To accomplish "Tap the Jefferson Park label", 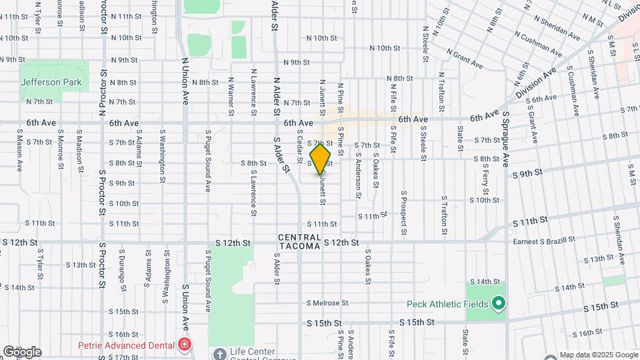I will tap(51, 82).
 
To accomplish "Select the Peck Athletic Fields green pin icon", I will tap(497, 304).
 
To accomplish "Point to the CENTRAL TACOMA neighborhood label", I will tap(299, 243).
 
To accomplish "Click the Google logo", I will tap(22, 352).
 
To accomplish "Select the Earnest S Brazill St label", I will tap(544, 241).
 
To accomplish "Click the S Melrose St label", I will tap(329, 303).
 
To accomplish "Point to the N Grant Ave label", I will tap(465, 59).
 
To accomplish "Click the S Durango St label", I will tap(123, 272).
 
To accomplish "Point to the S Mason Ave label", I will tap(21, 151).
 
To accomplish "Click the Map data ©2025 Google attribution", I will tap(598, 355).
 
